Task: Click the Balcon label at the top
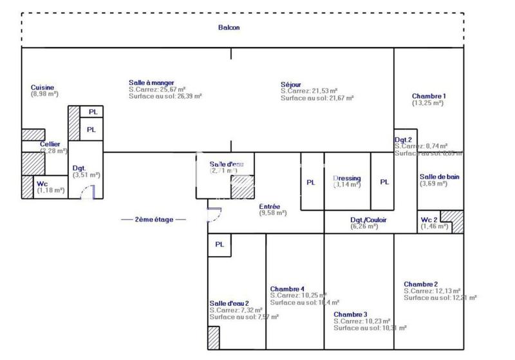pyautogui.click(x=229, y=28)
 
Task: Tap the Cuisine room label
pyautogui.click(x=42, y=88)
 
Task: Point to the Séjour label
pyautogui.click(x=291, y=84)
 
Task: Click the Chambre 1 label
pyautogui.click(x=429, y=96)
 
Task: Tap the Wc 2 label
pyautogui.click(x=429, y=220)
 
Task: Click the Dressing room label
pyautogui.click(x=346, y=178)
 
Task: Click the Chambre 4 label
pyautogui.click(x=287, y=289)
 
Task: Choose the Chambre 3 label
pyautogui.click(x=350, y=314)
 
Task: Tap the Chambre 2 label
pyautogui.click(x=421, y=284)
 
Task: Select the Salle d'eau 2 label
pyautogui.click(x=229, y=303)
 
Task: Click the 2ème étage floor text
pyautogui.click(x=153, y=220)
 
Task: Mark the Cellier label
pyautogui.click(x=50, y=144)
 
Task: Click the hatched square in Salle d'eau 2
pyautogui.click(x=213, y=338)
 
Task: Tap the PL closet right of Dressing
pyautogui.click(x=384, y=182)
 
